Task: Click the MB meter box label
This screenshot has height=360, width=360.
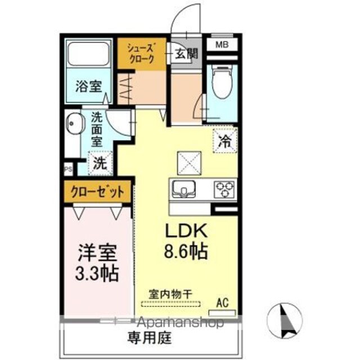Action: [x=222, y=44]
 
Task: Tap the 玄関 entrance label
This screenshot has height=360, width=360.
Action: [x=186, y=54]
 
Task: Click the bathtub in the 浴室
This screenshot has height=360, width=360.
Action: [x=88, y=53]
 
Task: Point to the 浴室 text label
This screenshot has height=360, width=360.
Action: [x=89, y=86]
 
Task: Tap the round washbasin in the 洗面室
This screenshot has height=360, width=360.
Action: [x=74, y=123]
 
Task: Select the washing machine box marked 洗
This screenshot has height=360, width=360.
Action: [x=101, y=163]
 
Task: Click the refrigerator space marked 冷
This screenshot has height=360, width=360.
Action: [x=225, y=141]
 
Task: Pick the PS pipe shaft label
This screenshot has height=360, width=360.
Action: [x=68, y=169]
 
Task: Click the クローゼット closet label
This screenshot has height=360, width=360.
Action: [x=97, y=191]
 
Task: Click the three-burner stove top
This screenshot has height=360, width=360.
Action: [x=224, y=190]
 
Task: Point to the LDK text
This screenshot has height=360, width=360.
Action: [x=186, y=231]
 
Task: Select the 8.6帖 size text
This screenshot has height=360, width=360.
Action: [x=186, y=251]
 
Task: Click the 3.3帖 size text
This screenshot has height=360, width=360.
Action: [x=97, y=274]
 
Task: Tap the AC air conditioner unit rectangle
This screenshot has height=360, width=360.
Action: [x=222, y=313]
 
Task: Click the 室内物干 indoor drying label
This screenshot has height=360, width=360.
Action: [x=170, y=294]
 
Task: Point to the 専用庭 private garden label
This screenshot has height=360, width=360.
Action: [x=150, y=337]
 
